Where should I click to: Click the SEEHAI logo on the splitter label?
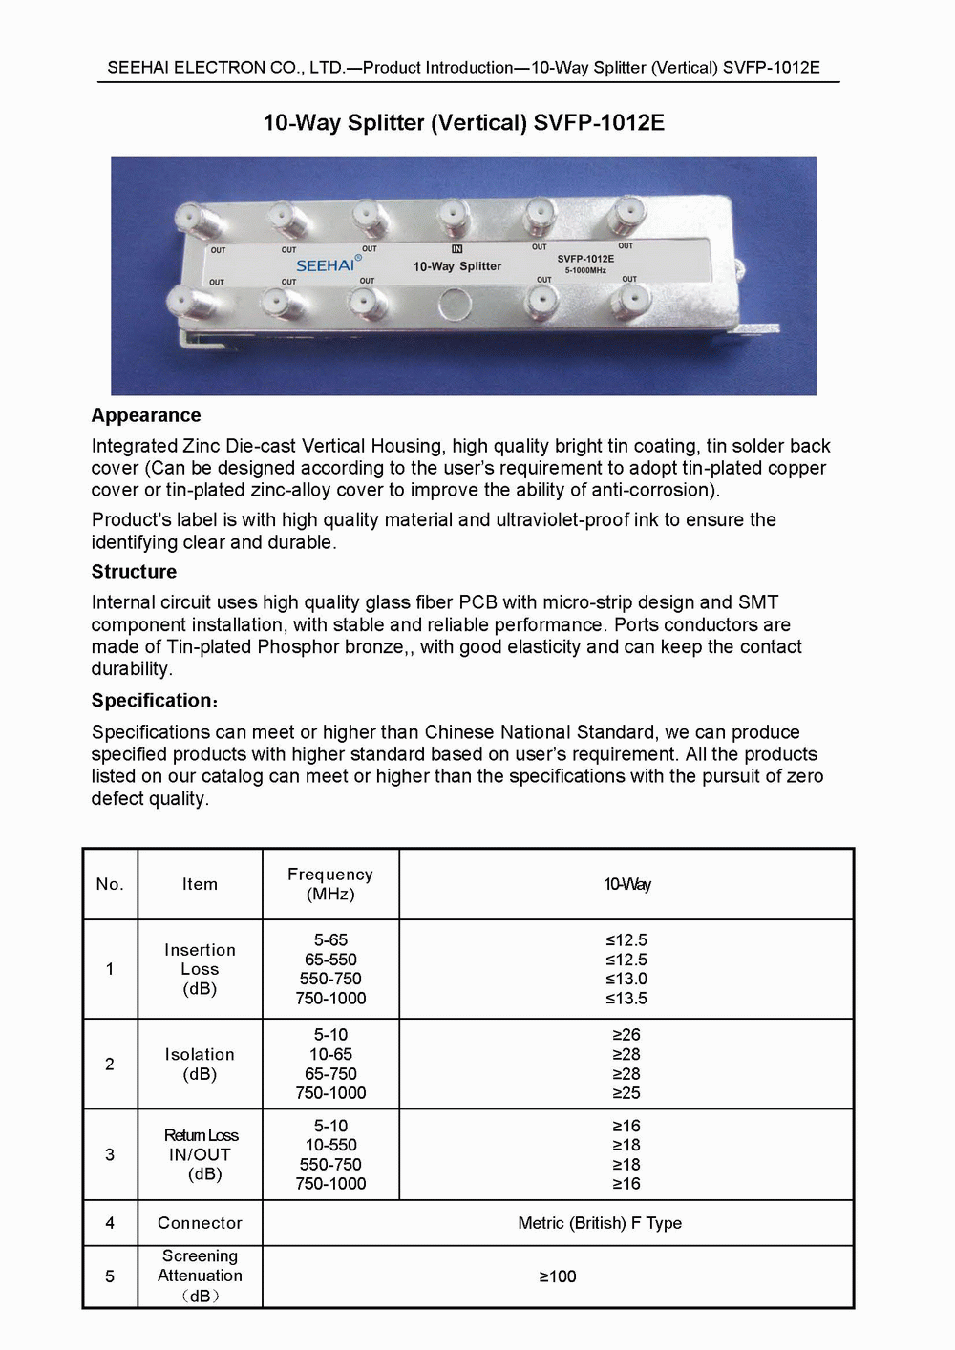pos(326,265)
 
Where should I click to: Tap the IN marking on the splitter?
pos(456,249)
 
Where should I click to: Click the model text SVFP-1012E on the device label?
pos(585,259)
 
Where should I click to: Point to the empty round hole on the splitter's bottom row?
pos(454,305)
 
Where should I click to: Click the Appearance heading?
pos(146,415)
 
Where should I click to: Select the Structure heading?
pos(134,572)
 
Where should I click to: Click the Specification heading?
pos(153,701)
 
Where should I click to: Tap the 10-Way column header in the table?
pos(626,884)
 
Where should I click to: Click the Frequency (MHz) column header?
pos(330,884)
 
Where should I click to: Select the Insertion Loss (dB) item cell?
pos(200,969)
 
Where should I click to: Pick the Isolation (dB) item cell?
pos(200,1064)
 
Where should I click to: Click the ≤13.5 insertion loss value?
pos(626,999)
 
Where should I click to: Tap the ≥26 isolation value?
pos(626,1035)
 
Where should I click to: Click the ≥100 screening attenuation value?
pos(558,1276)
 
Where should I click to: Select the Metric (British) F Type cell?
pos(600,1223)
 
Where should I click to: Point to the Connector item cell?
pos(200,1223)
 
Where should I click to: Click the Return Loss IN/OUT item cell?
pos(201,1154)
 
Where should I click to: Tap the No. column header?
pos(110,884)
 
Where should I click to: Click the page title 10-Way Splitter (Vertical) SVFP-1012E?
pos(464,123)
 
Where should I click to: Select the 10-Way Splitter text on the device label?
pos(456,266)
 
